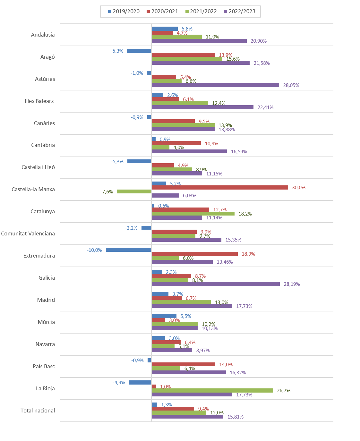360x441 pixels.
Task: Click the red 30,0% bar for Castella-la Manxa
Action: coord(220,188)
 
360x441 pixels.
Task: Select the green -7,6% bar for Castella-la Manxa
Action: coord(134,191)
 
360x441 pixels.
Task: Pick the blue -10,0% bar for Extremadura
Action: coord(129,250)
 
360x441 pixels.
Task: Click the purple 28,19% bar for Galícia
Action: coord(216,284)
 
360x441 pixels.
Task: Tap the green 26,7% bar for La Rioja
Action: coord(212,391)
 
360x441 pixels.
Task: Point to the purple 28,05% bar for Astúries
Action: coord(215,85)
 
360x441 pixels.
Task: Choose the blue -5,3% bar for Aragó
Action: coord(139,51)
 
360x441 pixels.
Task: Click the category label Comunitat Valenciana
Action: coord(28,233)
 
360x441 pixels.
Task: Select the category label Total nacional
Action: coord(38,411)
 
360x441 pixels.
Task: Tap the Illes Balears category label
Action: coord(39,101)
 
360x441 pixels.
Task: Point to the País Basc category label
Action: coord(44,366)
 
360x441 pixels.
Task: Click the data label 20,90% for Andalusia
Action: coord(259,41)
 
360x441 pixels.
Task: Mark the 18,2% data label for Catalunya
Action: coord(245,214)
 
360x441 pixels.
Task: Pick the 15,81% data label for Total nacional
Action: coord(236,417)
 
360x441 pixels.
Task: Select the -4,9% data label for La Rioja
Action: coord(119,383)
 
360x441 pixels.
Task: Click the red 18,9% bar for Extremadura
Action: coord(195,254)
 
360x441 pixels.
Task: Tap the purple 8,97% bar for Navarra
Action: coord(172,351)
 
